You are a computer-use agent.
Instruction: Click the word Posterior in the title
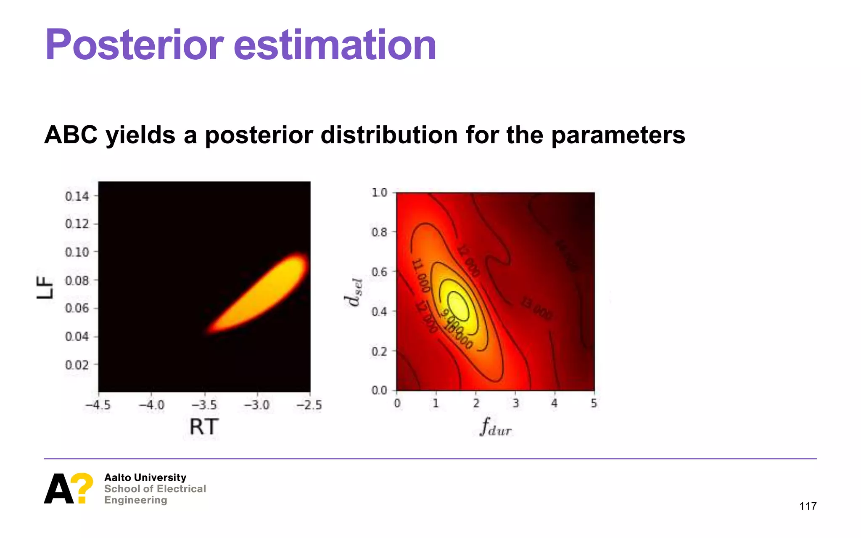135,45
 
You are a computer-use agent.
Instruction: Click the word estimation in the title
335,45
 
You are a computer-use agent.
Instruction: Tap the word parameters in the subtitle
618,135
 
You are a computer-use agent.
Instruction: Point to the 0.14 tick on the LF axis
77,196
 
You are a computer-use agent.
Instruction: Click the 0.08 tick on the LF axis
77,280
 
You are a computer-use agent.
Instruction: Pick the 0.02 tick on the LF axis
77,364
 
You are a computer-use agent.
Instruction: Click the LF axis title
45,287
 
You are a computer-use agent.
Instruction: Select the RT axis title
204,427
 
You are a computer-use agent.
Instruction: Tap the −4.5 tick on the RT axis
98,405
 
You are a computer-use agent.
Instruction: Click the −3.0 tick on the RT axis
256,405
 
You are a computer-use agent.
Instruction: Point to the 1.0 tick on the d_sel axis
379,193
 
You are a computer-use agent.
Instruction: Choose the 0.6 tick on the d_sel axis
379,272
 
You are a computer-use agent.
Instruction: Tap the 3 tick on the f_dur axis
515,403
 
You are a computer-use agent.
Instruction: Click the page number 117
808,506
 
